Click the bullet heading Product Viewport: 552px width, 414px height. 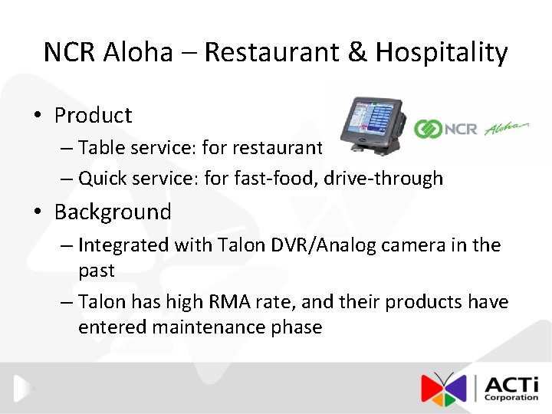point(93,115)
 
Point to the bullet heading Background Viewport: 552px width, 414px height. point(113,212)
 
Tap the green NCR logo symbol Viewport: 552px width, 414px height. point(427,129)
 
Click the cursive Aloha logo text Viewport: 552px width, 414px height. point(507,127)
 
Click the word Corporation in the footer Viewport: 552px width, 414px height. point(511,397)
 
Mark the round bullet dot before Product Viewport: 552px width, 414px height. point(37,116)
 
